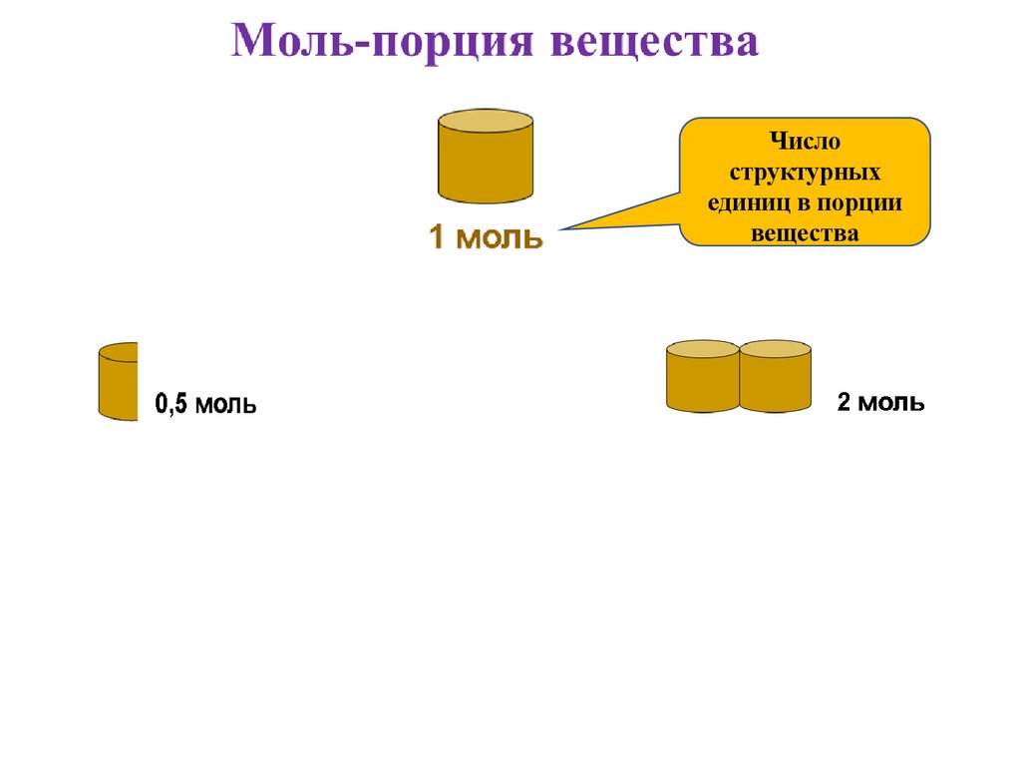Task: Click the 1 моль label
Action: pos(486,238)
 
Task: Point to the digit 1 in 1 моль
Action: pos(437,238)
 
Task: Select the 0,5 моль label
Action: pos(204,405)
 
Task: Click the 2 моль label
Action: pos(880,403)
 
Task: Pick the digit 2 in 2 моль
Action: pos(844,403)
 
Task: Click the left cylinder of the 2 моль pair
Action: pos(702,376)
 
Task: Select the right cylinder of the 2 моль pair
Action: pos(776,376)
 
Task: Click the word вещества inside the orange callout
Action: pos(805,233)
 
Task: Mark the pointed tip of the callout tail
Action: pos(560,230)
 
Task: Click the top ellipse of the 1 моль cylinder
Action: pos(486,121)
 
